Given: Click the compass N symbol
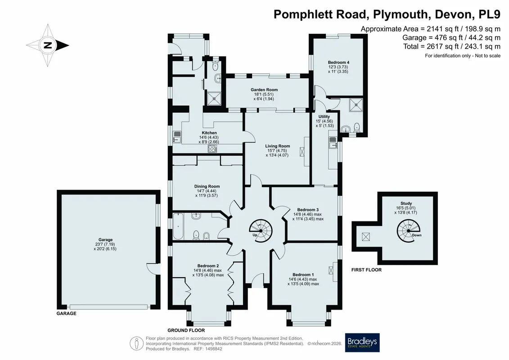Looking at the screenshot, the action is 48,45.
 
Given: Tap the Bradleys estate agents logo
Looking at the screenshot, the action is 362,342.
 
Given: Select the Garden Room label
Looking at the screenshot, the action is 264,90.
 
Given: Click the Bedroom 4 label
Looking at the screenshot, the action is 338,63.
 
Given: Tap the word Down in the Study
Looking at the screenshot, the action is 416,235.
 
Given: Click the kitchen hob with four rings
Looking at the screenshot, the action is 212,148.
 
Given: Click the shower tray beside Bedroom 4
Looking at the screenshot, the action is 356,104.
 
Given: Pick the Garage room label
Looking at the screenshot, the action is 105,239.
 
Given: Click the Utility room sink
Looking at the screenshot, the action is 333,143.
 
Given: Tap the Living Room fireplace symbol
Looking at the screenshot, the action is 302,152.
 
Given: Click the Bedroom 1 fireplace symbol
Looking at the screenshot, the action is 331,270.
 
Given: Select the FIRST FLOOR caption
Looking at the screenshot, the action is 366,270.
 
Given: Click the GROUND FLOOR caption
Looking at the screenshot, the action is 186,330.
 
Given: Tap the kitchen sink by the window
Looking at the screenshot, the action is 177,137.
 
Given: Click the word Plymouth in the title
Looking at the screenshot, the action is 401,14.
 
